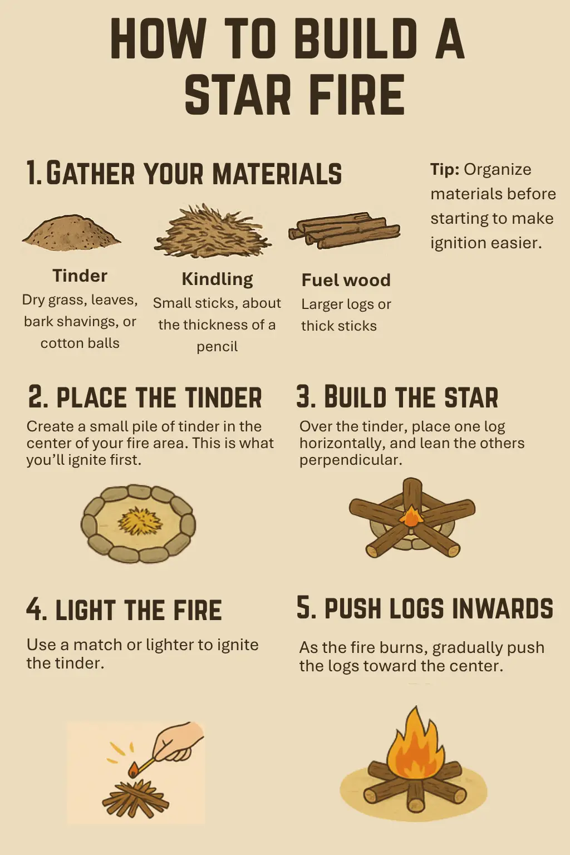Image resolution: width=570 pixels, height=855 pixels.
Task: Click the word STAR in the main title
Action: [238, 94]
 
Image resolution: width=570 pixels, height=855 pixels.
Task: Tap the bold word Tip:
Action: [445, 169]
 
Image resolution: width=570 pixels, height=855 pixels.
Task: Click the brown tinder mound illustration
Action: [72, 230]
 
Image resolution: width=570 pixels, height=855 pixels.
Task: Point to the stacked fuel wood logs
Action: [344, 230]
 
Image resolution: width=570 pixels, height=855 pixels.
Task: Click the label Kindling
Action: [217, 279]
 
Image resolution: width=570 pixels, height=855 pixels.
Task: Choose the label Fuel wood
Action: [346, 280]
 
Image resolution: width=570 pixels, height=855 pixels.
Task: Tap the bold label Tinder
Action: [80, 276]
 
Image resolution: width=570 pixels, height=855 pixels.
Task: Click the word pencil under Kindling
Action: [217, 347]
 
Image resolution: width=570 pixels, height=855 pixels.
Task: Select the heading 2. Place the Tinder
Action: [145, 397]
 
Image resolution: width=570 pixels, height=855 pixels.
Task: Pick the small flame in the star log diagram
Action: [411, 516]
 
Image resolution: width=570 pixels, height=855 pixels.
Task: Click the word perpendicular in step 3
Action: [351, 460]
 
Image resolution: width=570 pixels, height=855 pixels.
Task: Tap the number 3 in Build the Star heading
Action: [303, 397]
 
